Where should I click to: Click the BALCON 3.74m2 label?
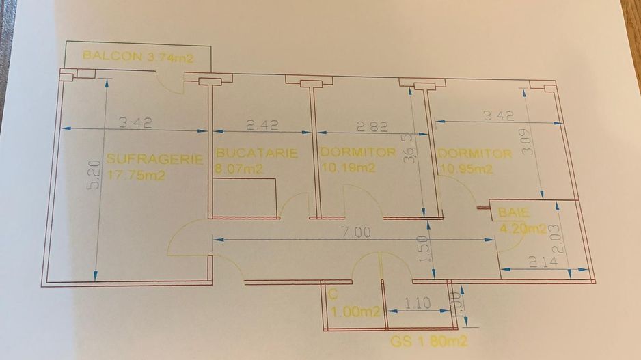(137, 57)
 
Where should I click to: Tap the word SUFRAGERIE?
(156, 159)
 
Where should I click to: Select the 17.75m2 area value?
(137, 175)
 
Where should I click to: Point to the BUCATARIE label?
(256, 153)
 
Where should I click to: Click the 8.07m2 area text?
(239, 168)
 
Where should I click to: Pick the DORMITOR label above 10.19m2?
(358, 152)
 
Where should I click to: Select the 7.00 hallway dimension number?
(357, 232)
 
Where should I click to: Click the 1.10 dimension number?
(417, 303)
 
